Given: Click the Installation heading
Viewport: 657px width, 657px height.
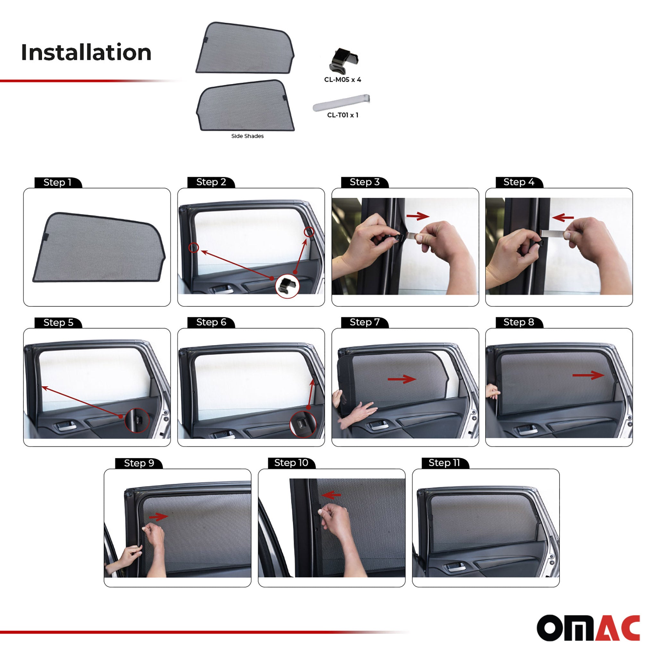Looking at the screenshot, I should [86, 52].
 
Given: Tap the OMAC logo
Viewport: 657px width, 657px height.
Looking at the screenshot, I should [588, 627].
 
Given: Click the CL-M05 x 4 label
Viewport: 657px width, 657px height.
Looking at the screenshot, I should [342, 80].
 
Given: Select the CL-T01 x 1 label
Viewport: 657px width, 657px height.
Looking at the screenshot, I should [342, 115].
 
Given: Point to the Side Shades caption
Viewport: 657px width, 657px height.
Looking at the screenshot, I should [247, 136].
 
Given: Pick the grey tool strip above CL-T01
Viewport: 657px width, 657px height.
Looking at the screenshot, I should [341, 102].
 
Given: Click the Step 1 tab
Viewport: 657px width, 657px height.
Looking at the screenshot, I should [57, 183].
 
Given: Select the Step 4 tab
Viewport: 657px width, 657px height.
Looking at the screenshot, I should [519, 182].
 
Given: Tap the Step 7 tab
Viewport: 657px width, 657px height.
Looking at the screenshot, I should [364, 322].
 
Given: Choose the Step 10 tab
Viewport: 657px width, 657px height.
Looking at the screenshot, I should [291, 463].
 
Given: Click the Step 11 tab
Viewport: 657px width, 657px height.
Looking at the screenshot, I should [444, 463].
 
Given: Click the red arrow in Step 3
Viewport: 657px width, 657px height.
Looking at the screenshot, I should [418, 216].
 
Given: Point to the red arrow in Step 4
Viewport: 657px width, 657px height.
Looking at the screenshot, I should [563, 217].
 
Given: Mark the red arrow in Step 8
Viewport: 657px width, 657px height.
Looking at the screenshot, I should [588, 375].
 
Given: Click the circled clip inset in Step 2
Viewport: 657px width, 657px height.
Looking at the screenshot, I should [287, 286].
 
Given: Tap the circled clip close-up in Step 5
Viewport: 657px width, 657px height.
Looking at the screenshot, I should [137, 420].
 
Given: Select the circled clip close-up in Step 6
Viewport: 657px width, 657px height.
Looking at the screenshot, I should [302, 424].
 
